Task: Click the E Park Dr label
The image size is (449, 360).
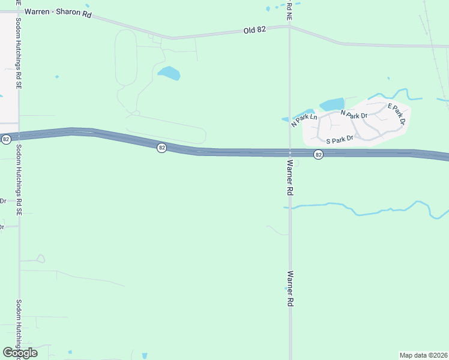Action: coord(397,114)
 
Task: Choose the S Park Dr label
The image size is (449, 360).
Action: coord(340,140)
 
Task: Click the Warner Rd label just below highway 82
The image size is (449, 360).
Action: coord(290,177)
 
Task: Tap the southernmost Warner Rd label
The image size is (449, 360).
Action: coord(290,289)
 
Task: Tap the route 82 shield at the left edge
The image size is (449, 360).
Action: coord(6,139)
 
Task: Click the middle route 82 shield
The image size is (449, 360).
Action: coord(161,148)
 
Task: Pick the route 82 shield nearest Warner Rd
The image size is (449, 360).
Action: coord(318,155)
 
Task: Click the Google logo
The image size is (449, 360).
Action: coord(19,353)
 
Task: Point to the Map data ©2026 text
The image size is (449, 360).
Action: coord(423,355)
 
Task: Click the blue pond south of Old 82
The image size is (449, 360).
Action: coord(169,74)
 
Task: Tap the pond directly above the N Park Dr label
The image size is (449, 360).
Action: coord(332,104)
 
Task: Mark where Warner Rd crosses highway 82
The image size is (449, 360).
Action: coord(290,153)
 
